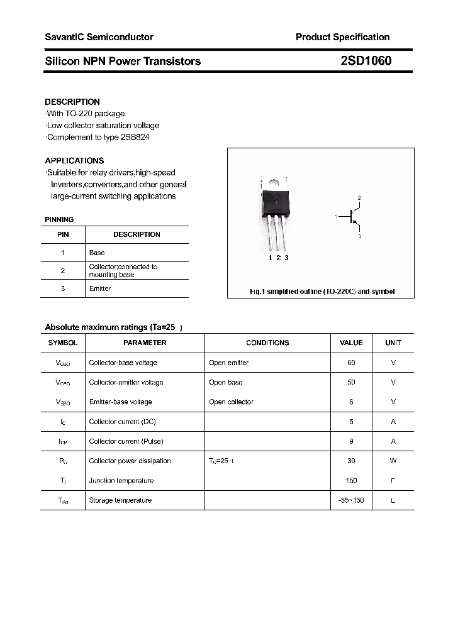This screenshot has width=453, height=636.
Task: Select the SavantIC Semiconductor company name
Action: [99, 37]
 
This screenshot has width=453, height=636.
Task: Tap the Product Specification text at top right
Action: [342, 37]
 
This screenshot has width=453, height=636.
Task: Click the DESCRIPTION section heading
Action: [72, 102]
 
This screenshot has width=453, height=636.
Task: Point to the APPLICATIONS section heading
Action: [74, 160]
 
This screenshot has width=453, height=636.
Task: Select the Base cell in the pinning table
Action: [97, 253]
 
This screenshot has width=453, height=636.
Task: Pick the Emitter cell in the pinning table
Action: [100, 288]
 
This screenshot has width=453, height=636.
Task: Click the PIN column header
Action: [63, 234]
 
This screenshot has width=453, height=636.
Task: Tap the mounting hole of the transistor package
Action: [274, 183]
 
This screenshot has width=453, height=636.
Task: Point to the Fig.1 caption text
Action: [322, 292]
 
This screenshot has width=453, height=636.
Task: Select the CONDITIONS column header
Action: [267, 343]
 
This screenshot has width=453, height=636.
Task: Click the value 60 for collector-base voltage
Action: [351, 363]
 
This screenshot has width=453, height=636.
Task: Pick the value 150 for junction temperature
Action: [351, 481]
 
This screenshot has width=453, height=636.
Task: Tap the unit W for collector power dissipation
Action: [393, 461]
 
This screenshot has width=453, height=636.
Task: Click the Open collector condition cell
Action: [231, 402]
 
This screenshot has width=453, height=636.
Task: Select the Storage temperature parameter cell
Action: [120, 500]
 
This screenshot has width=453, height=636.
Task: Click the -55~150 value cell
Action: [351, 500]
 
